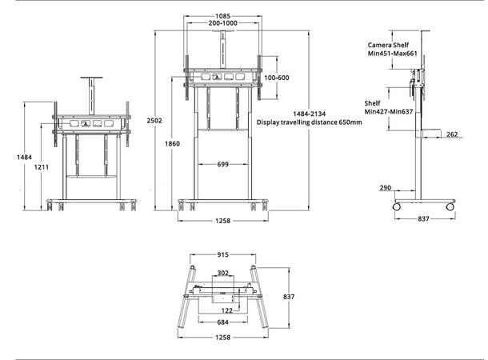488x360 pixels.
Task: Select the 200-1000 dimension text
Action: pyautogui.click(x=222, y=25)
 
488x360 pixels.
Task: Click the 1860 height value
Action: pyautogui.click(x=173, y=144)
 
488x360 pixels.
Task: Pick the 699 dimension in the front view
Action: pyautogui.click(x=222, y=166)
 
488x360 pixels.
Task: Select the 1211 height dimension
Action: pyautogui.click(x=42, y=167)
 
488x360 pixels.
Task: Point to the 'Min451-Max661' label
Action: pyautogui.click(x=392, y=56)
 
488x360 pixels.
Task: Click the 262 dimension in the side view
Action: pyautogui.click(x=451, y=135)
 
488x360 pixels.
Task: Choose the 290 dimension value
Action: pyautogui.click(x=386, y=187)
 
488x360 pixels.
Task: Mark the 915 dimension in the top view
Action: pyautogui.click(x=222, y=255)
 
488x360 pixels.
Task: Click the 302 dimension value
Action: pyautogui.click(x=223, y=273)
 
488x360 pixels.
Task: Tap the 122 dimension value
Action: pyautogui.click(x=226, y=310)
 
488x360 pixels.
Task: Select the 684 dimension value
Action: pyautogui.click(x=222, y=323)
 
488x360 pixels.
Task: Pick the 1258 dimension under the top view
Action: pyautogui.click(x=222, y=338)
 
